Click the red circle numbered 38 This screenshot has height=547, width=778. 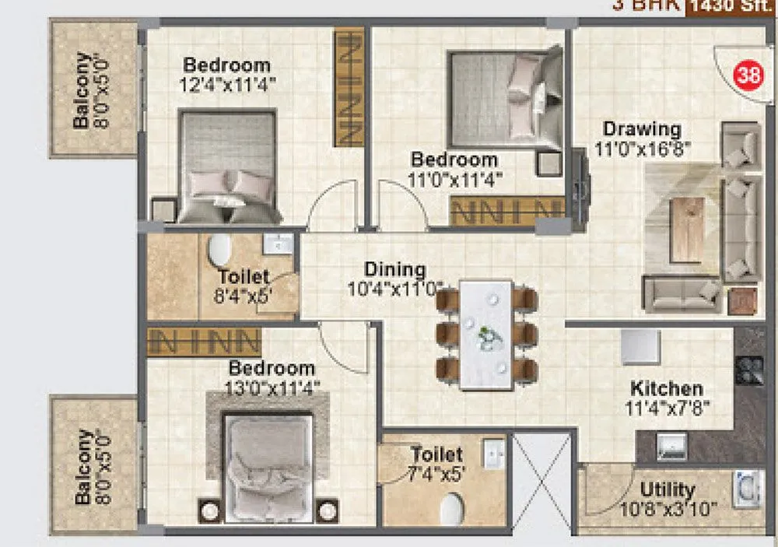(x=748, y=76)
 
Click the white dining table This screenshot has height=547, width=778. (x=485, y=335)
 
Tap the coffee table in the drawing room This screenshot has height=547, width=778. (x=688, y=230)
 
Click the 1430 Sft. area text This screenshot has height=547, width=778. (x=731, y=8)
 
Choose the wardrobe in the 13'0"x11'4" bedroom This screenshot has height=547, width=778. (x=204, y=341)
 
